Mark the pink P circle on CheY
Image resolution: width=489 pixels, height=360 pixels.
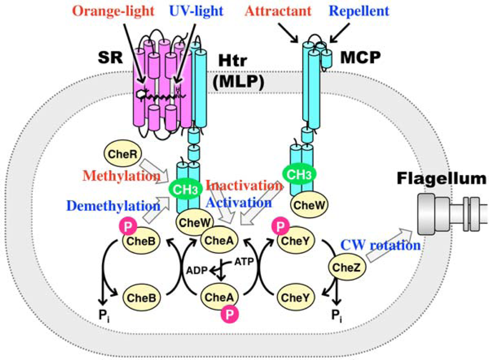click(x=280, y=227)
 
